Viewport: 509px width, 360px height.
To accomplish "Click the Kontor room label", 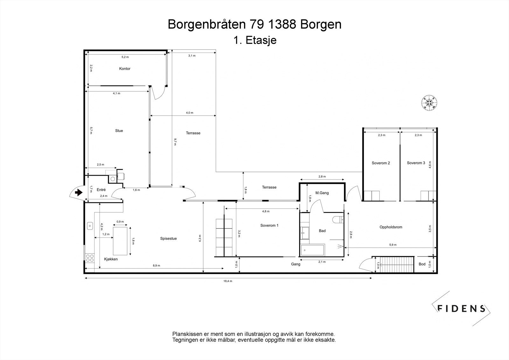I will pyautogui.click(x=125, y=69).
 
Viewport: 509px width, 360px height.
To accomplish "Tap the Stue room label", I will pyautogui.click(x=119, y=131).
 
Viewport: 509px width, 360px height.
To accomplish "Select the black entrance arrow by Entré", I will pyautogui.click(x=78, y=192).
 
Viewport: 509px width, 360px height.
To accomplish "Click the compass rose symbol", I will pyautogui.click(x=429, y=102).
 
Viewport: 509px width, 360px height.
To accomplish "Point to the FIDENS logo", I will pyautogui.click(x=461, y=308).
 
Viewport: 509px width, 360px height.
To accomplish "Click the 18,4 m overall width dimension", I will pyautogui.click(x=228, y=281).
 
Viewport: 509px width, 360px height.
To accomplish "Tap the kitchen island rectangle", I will pyautogui.click(x=120, y=241).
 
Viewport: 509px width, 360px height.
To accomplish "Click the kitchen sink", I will pyautogui.click(x=90, y=226).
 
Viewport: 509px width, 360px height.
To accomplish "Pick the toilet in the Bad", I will pyautogui.click(x=338, y=219).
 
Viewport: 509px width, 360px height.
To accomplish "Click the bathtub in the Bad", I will pyautogui.click(x=313, y=250).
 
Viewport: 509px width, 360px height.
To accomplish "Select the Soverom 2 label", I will pyautogui.click(x=381, y=163).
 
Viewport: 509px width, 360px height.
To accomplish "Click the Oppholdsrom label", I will pyautogui.click(x=391, y=227).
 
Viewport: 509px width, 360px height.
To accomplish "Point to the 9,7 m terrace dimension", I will pyautogui.click(x=175, y=142).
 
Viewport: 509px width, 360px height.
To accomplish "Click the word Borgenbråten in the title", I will pyautogui.click(x=205, y=25).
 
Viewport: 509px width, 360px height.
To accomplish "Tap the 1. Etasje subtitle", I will pyautogui.click(x=254, y=41).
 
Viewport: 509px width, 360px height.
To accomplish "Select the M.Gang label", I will pyautogui.click(x=322, y=193).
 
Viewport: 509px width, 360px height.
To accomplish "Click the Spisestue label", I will pyautogui.click(x=168, y=238).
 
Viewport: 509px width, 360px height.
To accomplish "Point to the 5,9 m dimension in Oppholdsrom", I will pyautogui.click(x=393, y=245).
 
